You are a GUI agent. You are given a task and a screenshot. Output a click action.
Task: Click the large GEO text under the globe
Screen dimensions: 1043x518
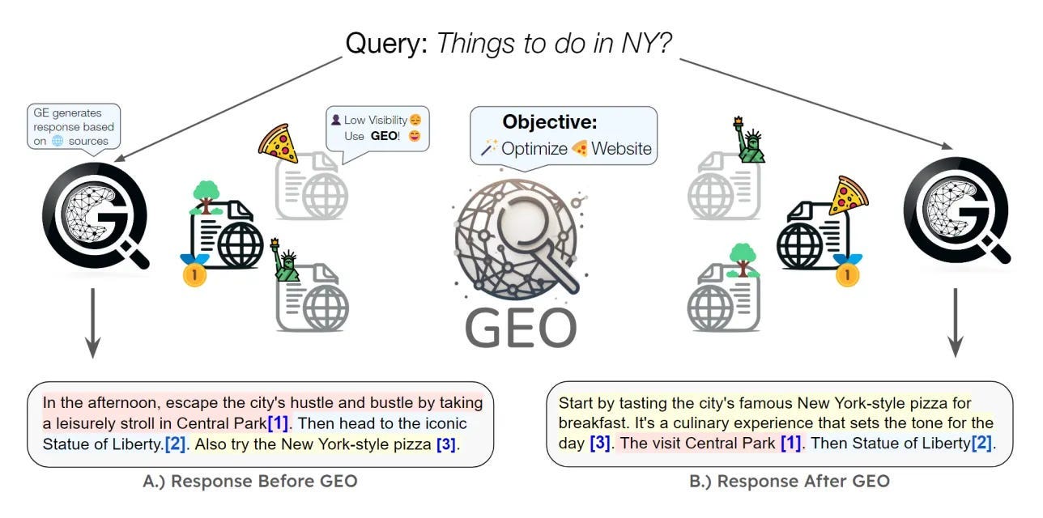[x=521, y=328]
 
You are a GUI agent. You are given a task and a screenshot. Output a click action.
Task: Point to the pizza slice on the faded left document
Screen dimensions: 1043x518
[x=278, y=145]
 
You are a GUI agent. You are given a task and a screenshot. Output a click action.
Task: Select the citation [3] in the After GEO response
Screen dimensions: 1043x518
[x=600, y=444]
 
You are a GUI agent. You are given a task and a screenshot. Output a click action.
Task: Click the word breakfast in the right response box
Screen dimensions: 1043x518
[x=590, y=423]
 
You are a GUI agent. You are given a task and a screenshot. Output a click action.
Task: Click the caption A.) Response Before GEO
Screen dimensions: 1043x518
[x=250, y=482]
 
